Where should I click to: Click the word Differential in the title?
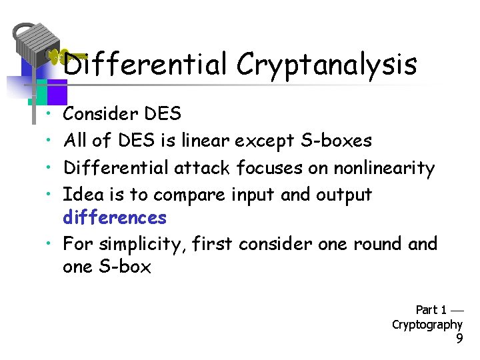(x=145, y=65)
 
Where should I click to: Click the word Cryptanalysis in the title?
(x=326, y=65)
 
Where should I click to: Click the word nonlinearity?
(x=384, y=167)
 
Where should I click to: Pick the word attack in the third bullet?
(x=202, y=167)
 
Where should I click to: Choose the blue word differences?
(x=114, y=217)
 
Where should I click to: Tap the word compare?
(x=190, y=195)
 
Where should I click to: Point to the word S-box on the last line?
(x=126, y=267)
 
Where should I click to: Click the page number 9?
(x=459, y=339)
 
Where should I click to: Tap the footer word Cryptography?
(x=427, y=325)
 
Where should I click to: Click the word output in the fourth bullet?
(x=343, y=195)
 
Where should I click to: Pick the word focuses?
(x=271, y=167)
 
